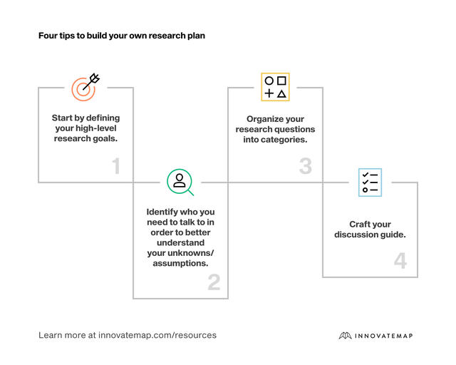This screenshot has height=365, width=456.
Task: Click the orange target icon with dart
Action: (85, 87)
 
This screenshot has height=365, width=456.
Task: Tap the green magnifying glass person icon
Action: (180, 181)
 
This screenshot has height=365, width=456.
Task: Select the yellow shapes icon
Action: (275, 87)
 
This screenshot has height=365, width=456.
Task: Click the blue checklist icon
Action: (370, 182)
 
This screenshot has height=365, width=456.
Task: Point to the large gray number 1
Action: (116, 167)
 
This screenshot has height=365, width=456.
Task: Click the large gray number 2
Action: (214, 283)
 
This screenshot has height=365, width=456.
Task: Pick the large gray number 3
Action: (306, 167)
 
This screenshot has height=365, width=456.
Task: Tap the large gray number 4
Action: (400, 261)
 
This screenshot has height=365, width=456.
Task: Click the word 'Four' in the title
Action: (48, 35)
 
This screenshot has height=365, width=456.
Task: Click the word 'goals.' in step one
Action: (103, 138)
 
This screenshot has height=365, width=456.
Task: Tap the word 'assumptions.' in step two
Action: (181, 263)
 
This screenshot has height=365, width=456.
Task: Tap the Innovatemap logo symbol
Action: (346, 335)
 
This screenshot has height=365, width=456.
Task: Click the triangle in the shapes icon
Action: (281, 93)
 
